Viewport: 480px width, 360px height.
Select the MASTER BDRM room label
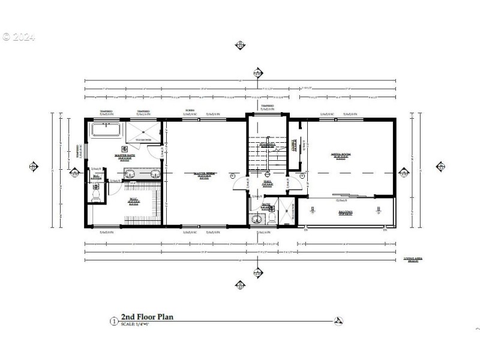coord(205,174)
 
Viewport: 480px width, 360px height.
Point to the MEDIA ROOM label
coord(341,154)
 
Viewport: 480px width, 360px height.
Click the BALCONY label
coord(344,212)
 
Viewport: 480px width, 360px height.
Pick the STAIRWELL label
coord(268,144)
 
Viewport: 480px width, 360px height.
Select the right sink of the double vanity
coord(154,175)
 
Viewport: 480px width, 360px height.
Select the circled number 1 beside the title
coord(113,320)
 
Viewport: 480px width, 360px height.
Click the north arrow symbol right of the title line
coord(339,320)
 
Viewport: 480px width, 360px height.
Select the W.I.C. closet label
coord(133,200)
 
